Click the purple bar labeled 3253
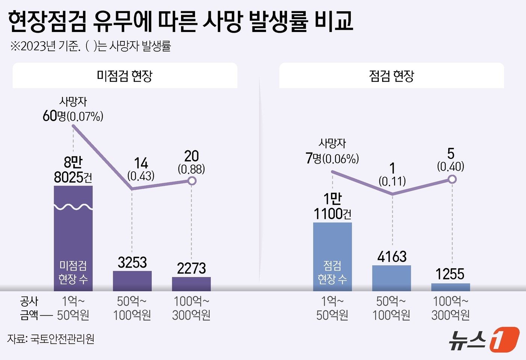click(132, 281)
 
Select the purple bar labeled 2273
click(191, 284)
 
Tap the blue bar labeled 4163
click(391, 278)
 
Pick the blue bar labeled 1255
click(450, 287)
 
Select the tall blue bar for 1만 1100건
click(333, 256)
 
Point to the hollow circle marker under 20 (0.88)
click(192, 181)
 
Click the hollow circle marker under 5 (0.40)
click(452, 179)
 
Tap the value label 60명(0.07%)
click(73, 116)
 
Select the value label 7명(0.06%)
click(332, 159)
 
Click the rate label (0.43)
click(141, 176)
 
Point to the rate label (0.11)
click(392, 182)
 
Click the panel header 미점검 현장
click(125, 76)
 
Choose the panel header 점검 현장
click(391, 76)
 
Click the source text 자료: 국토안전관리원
click(51, 339)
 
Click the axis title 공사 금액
click(29, 308)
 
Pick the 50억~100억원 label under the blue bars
click(391, 308)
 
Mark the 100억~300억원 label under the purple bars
click(191, 308)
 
